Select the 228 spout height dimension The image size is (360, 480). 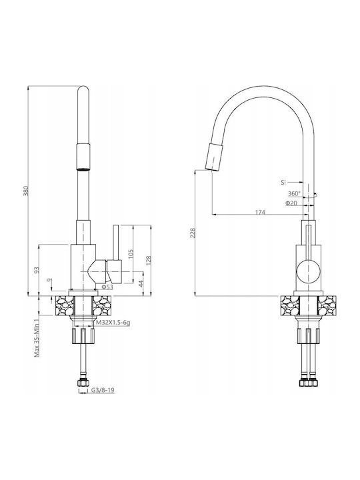pos(193,233)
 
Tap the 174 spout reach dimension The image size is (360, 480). pos(260,212)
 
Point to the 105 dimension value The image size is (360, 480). pos(131,253)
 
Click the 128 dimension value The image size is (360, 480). pos(149,260)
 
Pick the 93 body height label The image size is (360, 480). pos(37,270)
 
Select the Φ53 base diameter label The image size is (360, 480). pos(107,287)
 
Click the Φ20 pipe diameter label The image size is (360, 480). pos(291,203)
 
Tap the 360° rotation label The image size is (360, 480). pos(294,193)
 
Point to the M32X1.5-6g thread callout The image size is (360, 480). pos(113,323)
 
